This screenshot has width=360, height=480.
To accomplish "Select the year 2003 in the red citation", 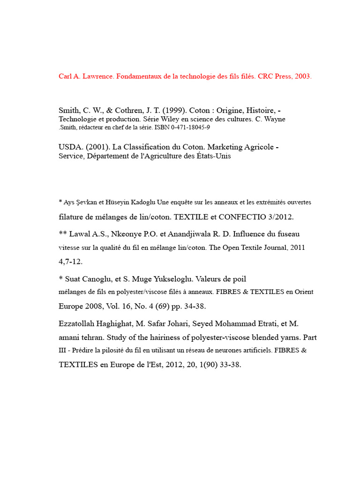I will [x=303, y=76].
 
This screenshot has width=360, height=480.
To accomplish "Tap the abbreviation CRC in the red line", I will [x=267, y=76].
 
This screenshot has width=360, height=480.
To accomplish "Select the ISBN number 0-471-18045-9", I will [x=185, y=127].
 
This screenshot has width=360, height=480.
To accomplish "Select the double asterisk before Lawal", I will [x=62, y=233].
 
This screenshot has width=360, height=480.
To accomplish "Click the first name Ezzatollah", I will [x=78, y=324].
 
